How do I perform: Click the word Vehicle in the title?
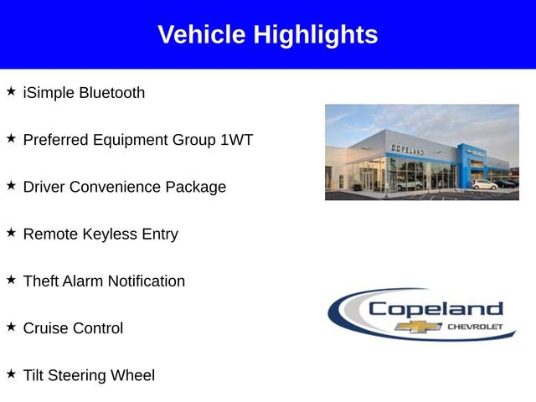202,35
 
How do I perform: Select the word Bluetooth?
111,92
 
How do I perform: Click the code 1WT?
236,140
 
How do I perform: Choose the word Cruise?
46,328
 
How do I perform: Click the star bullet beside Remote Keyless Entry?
11,233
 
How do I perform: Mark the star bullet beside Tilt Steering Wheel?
11,374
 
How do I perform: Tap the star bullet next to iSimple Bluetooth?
11,90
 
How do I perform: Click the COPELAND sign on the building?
408,148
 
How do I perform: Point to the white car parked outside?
484,184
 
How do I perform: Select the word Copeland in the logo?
435,308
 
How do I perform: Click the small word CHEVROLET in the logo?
474,327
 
